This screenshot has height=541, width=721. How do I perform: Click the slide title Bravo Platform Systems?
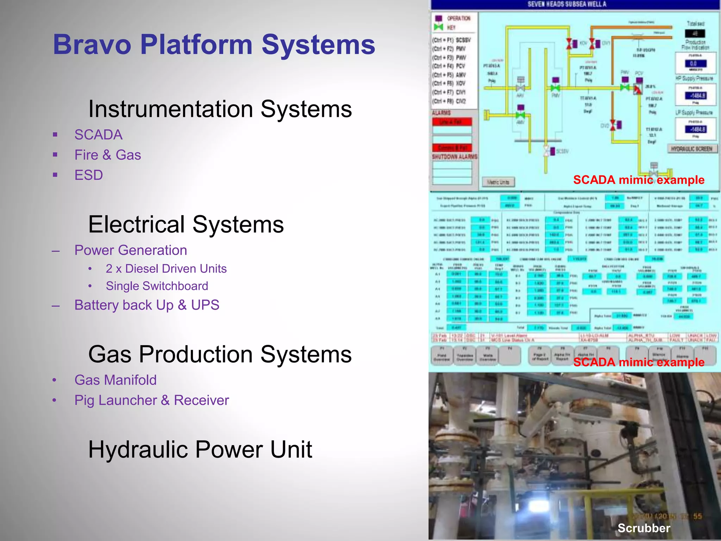tap(214, 45)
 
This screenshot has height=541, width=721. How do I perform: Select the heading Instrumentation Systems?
tap(220, 109)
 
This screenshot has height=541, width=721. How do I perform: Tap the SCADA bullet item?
tap(98, 135)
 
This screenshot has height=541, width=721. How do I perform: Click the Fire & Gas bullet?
tap(107, 155)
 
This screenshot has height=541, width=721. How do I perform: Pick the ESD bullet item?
tap(88, 175)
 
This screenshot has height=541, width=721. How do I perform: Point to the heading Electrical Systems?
tap(186, 224)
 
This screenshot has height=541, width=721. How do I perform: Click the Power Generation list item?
tap(131, 250)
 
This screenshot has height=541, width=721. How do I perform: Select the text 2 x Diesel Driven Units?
tap(166, 269)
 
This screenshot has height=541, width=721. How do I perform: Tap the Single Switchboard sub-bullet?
tap(157, 286)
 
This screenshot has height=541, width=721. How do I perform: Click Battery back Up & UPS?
tap(146, 305)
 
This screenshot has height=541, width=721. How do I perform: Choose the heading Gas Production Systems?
tap(220, 354)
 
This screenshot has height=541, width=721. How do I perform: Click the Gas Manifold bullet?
tap(115, 380)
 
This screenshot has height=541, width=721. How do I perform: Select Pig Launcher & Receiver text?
tap(151, 400)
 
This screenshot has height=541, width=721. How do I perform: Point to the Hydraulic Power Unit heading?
tap(200, 450)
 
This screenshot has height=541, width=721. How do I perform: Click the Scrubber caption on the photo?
tap(644, 528)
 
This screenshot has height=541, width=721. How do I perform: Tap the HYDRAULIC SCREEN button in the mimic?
tap(691, 149)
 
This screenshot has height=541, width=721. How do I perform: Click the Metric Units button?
tap(498, 182)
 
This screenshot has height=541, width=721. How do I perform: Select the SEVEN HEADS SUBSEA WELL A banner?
tap(567, 5)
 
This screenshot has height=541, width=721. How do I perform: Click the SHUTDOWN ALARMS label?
tap(454, 157)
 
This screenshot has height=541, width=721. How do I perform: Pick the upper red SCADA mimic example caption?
tap(639, 180)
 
